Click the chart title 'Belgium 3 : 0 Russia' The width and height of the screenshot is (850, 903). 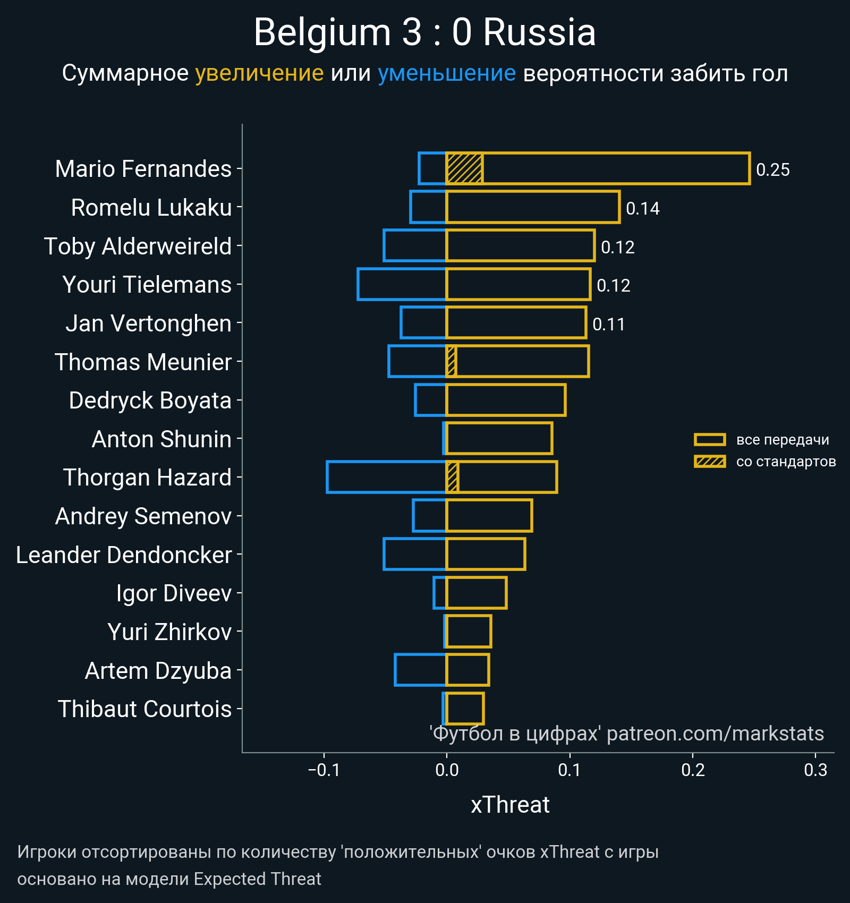(x=424, y=33)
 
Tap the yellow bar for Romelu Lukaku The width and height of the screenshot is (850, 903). (x=533, y=207)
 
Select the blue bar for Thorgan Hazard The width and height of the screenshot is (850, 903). (x=386, y=477)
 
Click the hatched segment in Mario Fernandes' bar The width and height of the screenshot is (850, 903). (x=464, y=168)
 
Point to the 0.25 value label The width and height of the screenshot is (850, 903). (x=772, y=170)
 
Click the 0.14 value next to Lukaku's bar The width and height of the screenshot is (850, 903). (x=642, y=209)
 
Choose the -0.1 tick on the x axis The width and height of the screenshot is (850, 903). (x=324, y=770)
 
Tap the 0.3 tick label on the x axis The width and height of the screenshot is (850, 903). (x=815, y=770)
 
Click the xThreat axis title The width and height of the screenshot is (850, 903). (x=510, y=805)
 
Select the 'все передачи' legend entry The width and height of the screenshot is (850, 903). (x=782, y=440)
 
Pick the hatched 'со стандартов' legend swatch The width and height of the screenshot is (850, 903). (x=710, y=462)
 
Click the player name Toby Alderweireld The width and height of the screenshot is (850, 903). (x=138, y=246)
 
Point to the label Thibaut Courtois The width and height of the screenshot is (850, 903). (x=144, y=709)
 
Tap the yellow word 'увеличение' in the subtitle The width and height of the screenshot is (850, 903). (x=259, y=73)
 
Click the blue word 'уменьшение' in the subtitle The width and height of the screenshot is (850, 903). (x=446, y=73)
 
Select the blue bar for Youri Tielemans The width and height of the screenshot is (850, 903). (x=402, y=285)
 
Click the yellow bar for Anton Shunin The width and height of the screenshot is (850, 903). (x=499, y=439)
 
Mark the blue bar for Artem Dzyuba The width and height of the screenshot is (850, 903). (x=420, y=670)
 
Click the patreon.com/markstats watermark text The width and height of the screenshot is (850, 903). (x=715, y=734)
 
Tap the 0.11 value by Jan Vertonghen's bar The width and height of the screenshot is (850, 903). (x=608, y=325)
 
